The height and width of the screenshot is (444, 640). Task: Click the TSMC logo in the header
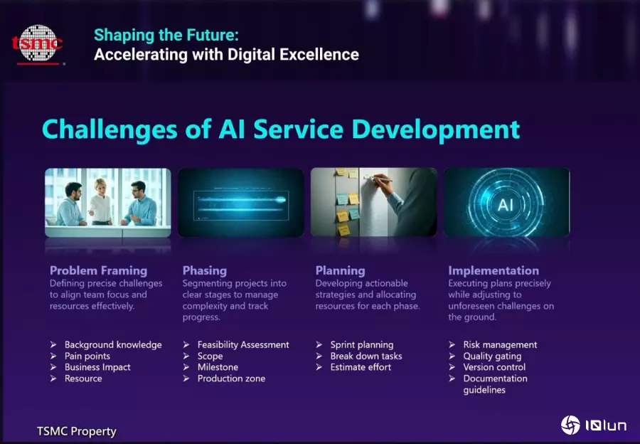pyautogui.click(x=38, y=44)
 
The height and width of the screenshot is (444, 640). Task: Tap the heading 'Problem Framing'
pyautogui.click(x=98, y=270)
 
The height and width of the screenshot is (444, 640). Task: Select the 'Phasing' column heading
pyautogui.click(x=205, y=270)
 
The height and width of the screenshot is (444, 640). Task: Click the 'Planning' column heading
pyautogui.click(x=340, y=270)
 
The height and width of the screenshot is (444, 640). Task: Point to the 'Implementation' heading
pyautogui.click(x=494, y=270)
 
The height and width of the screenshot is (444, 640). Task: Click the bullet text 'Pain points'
pyautogui.click(x=87, y=356)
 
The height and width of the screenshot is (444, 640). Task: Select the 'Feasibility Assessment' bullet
pyautogui.click(x=243, y=345)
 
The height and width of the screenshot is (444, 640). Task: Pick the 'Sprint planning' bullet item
pyautogui.click(x=362, y=345)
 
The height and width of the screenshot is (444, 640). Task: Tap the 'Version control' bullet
pyautogui.click(x=494, y=367)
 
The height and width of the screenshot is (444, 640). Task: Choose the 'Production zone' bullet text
pyautogui.click(x=231, y=379)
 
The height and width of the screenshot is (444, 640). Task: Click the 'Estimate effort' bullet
pyautogui.click(x=361, y=367)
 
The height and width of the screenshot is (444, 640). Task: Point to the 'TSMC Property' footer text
pyautogui.click(x=77, y=431)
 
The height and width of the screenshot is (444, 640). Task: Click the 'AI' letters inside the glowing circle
pyautogui.click(x=506, y=205)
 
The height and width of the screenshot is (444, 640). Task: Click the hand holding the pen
pyautogui.click(x=382, y=184)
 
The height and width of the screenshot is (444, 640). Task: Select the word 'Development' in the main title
pyautogui.click(x=435, y=129)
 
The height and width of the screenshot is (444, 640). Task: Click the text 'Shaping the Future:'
pyautogui.click(x=166, y=35)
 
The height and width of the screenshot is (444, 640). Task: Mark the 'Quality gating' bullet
pyautogui.click(x=492, y=356)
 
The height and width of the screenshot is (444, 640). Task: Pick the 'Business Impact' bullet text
pyautogui.click(x=97, y=367)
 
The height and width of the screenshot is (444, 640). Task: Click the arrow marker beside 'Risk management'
pyautogui.click(x=452, y=344)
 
